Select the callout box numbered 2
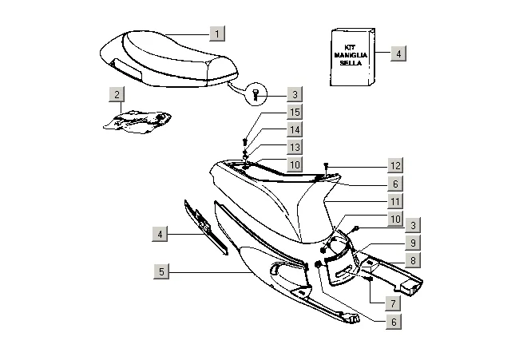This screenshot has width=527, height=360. pyautogui.click(x=117, y=95)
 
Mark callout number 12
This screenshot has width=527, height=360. pyautogui.click(x=395, y=165)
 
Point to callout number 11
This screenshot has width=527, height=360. pyautogui.click(x=395, y=201)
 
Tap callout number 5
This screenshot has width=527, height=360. pyautogui.click(x=162, y=271)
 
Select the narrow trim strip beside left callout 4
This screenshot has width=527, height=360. pyautogui.click(x=206, y=226)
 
